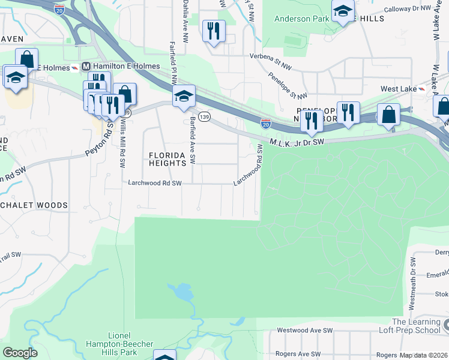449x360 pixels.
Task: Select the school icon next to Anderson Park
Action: [343, 12]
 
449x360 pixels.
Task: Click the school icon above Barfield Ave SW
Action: [184, 96]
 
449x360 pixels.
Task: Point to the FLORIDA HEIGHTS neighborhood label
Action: [168, 158]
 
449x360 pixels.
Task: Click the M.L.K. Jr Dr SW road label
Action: [297, 142]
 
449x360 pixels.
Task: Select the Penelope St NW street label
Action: [288, 87]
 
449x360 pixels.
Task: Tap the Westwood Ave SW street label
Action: [304, 331]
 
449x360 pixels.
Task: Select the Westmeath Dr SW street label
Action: [413, 283]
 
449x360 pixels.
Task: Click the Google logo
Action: [20, 353]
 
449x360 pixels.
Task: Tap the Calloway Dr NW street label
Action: [408, 9]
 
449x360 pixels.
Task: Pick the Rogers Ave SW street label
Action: [295, 354]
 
